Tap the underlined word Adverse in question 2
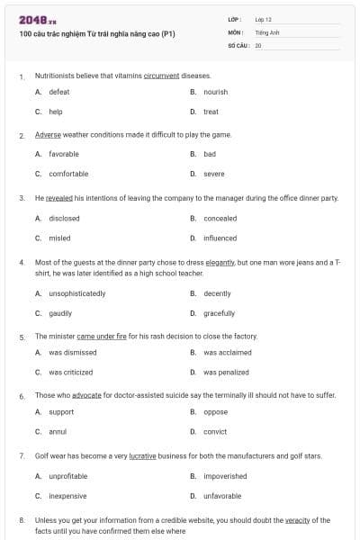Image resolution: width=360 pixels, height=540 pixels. [x=48, y=135]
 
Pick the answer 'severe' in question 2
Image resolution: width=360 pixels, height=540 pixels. [x=214, y=174]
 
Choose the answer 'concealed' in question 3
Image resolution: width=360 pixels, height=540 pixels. [x=220, y=218]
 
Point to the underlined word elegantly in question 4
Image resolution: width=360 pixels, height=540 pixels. [x=220, y=262]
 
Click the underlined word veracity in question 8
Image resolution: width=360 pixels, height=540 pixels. [x=303, y=520]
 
